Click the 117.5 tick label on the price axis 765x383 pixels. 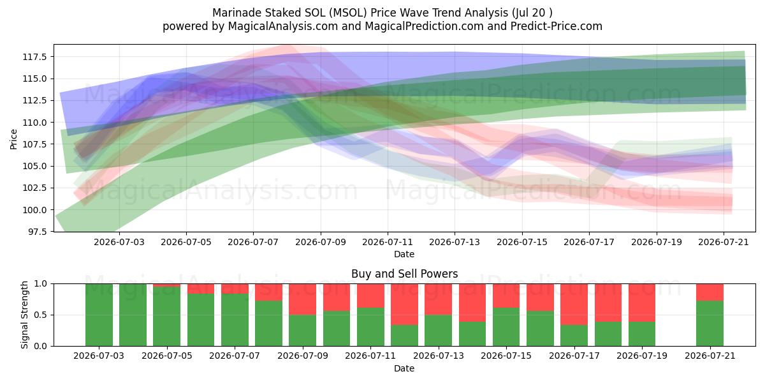34,57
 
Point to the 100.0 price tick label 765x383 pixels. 34,210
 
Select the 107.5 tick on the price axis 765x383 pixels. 34,144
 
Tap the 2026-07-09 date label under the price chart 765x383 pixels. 320,242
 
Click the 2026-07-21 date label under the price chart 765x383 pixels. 724,242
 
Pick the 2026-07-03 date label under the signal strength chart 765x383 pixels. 99,356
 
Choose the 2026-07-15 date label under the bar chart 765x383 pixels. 506,356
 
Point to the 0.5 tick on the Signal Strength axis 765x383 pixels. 41,315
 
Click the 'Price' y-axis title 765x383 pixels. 13,139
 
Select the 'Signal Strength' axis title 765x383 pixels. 24,315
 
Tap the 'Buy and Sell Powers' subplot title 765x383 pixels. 404,274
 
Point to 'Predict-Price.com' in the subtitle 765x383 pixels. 557,26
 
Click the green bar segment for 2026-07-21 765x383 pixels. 710,324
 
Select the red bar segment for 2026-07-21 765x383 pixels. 710,292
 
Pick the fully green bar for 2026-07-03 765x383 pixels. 99,315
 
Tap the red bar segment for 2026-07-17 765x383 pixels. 574,304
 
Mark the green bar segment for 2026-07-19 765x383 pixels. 642,334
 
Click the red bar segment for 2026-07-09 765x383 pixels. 303,299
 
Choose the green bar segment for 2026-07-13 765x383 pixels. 438,331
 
